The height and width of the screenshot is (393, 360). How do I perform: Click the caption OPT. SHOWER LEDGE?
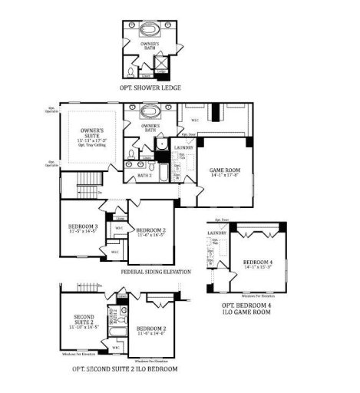150,88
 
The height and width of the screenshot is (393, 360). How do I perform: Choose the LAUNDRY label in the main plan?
183,147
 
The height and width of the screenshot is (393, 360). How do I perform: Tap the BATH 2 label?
144,176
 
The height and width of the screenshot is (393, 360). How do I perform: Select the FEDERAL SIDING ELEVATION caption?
156,272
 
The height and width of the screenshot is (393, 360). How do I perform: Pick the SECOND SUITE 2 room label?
84,320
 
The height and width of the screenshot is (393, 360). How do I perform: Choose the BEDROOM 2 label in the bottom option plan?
151,328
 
